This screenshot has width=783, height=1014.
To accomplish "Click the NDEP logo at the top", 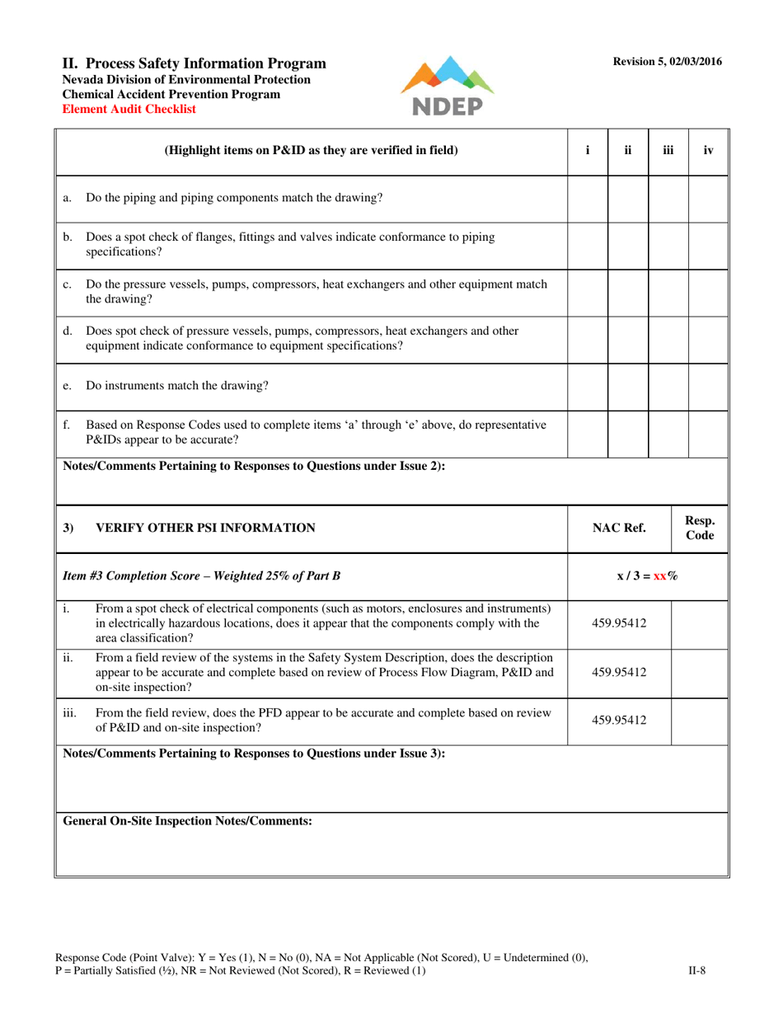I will coord(447,87).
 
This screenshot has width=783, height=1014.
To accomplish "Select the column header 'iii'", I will coord(668,150).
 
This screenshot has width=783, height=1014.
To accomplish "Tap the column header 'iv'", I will coord(708,150).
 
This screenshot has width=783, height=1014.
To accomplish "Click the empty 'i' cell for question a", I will coord(588,198).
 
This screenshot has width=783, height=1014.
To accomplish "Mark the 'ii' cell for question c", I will coord(628,292).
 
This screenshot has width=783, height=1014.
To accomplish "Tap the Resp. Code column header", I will coord(701,528).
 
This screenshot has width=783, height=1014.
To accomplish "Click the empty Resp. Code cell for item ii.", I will coord(701,672).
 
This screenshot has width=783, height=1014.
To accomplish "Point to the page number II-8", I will coord(696,971).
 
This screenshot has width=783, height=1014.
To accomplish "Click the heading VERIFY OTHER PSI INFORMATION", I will coord(205,528).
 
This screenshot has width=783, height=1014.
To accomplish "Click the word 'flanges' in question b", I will coord(209,236).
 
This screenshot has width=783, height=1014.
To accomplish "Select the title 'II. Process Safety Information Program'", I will coord(195,63).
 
